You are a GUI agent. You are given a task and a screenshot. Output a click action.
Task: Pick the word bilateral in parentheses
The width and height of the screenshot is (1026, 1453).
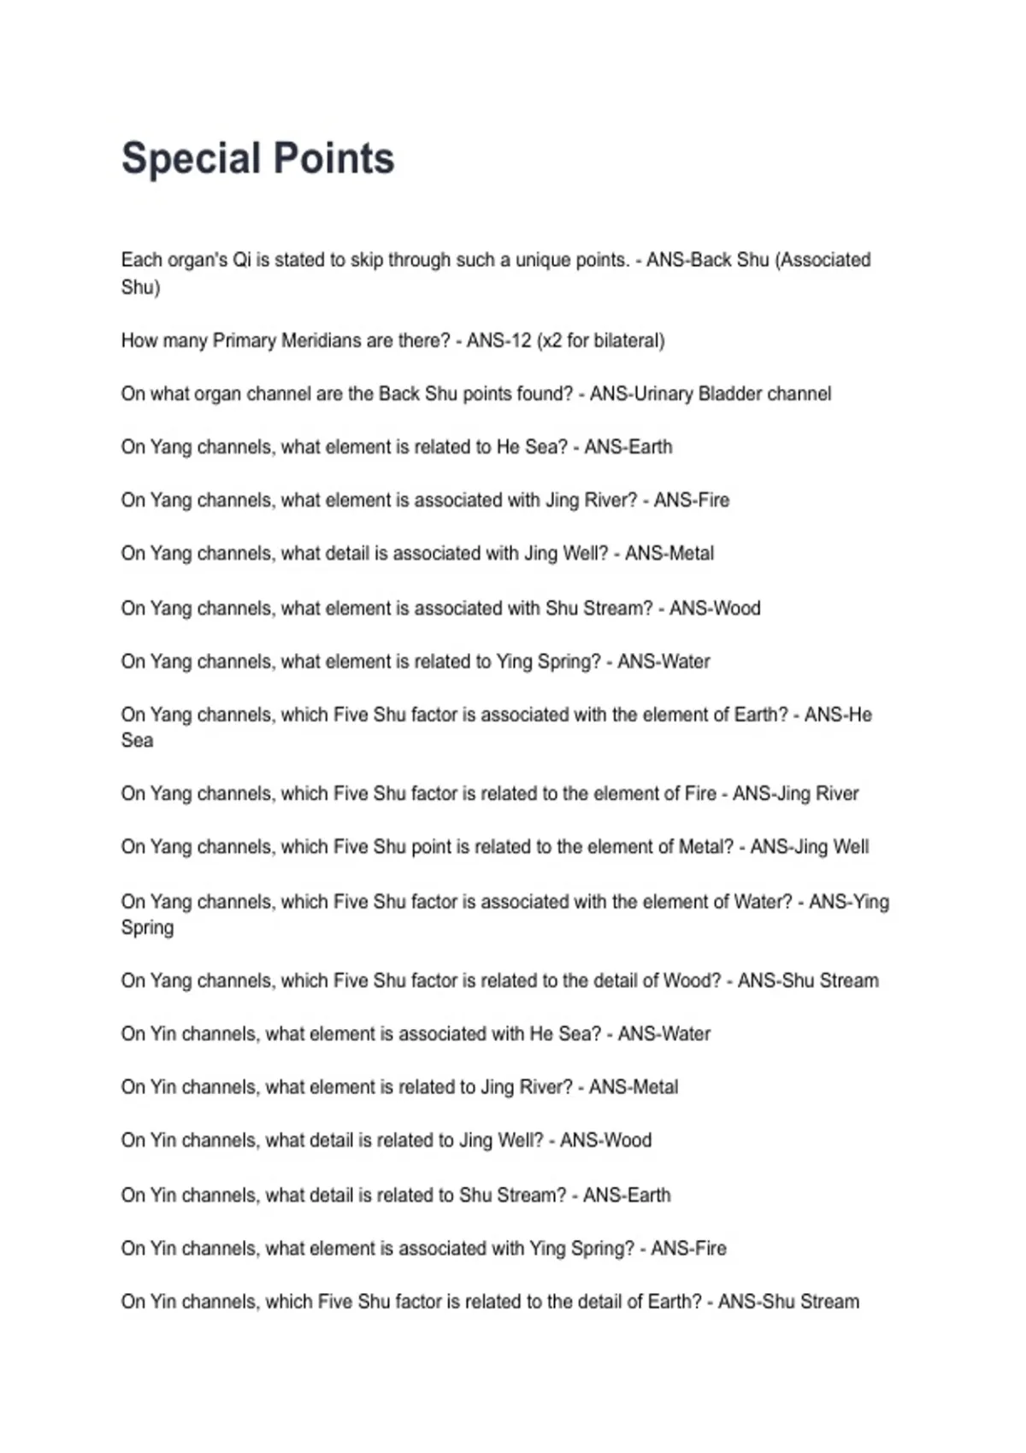628,340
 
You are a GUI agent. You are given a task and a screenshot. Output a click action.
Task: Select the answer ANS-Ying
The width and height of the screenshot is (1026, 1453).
849,902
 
